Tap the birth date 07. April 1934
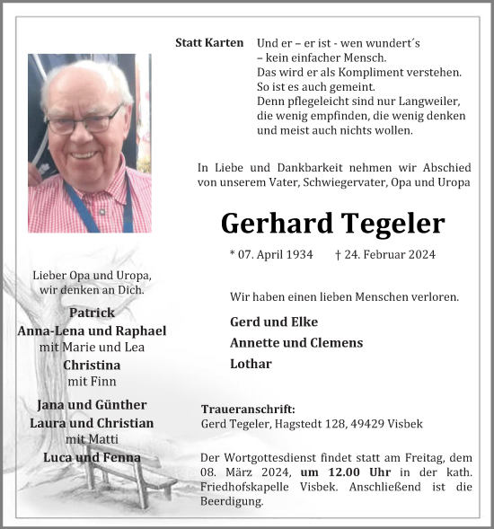(x=271, y=254)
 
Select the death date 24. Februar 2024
(x=391, y=254)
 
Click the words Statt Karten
(x=209, y=43)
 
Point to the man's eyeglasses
(x=84, y=121)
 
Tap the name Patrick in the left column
(x=91, y=313)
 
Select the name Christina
(x=91, y=365)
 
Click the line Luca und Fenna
(x=92, y=457)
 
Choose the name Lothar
(x=251, y=364)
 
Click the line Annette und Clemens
(x=296, y=342)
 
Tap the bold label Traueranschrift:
(x=248, y=409)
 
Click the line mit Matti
(x=91, y=439)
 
